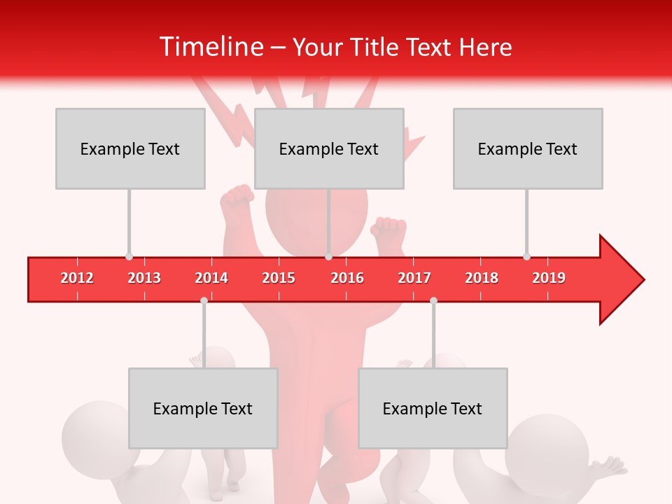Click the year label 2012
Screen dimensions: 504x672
click(x=77, y=278)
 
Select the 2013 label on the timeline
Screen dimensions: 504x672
click(x=144, y=278)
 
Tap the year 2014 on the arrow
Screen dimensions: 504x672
click(x=211, y=278)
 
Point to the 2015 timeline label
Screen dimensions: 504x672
click(x=279, y=278)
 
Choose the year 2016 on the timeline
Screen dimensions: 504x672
click(x=347, y=278)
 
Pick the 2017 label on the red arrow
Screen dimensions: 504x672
click(x=414, y=278)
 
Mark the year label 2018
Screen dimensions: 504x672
click(x=482, y=278)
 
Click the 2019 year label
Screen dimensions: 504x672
click(x=549, y=278)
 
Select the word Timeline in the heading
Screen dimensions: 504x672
click(x=211, y=47)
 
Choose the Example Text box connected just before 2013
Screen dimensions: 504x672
click(x=130, y=148)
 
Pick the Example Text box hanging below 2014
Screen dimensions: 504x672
click(x=203, y=408)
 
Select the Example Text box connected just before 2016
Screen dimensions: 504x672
click(x=329, y=148)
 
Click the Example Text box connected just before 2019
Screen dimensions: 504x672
click(x=528, y=148)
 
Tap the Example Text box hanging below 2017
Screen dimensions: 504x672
click(x=433, y=408)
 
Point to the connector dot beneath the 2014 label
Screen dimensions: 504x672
click(x=204, y=300)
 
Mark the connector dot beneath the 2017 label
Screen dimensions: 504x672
click(x=433, y=300)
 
